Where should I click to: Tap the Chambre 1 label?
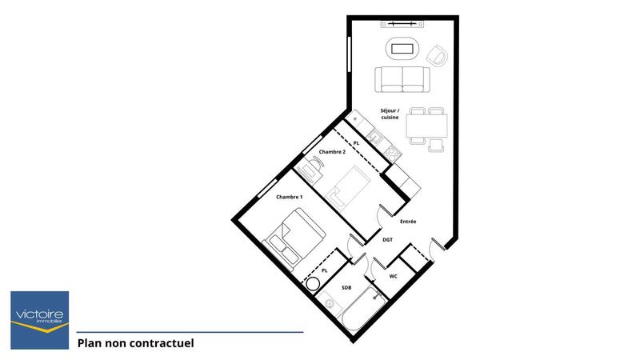tap(290, 197)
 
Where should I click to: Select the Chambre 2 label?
tap(332, 152)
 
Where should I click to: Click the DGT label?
tap(387, 239)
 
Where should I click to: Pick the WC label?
tap(394, 276)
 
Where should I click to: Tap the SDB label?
tap(346, 287)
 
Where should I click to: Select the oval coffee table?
tap(402, 49)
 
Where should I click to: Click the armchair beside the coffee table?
tap(437, 55)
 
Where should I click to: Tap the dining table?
tap(426, 126)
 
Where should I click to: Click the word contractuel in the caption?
tap(163, 344)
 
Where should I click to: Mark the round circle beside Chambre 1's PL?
tap(311, 283)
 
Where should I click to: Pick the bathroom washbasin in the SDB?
tap(326, 305)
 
